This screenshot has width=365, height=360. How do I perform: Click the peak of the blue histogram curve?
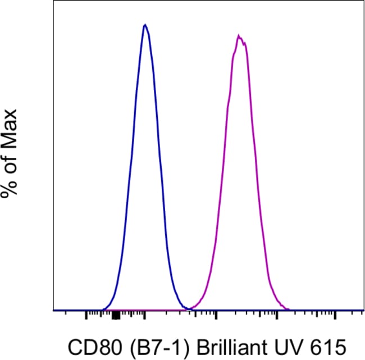(145, 25)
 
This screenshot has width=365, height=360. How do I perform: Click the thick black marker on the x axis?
(116, 316)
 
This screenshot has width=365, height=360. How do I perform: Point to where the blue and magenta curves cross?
(189, 308)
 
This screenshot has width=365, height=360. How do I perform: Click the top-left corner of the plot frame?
(53, 1)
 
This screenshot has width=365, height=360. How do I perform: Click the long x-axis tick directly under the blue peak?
(145, 316)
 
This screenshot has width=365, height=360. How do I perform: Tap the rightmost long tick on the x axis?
(335, 316)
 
